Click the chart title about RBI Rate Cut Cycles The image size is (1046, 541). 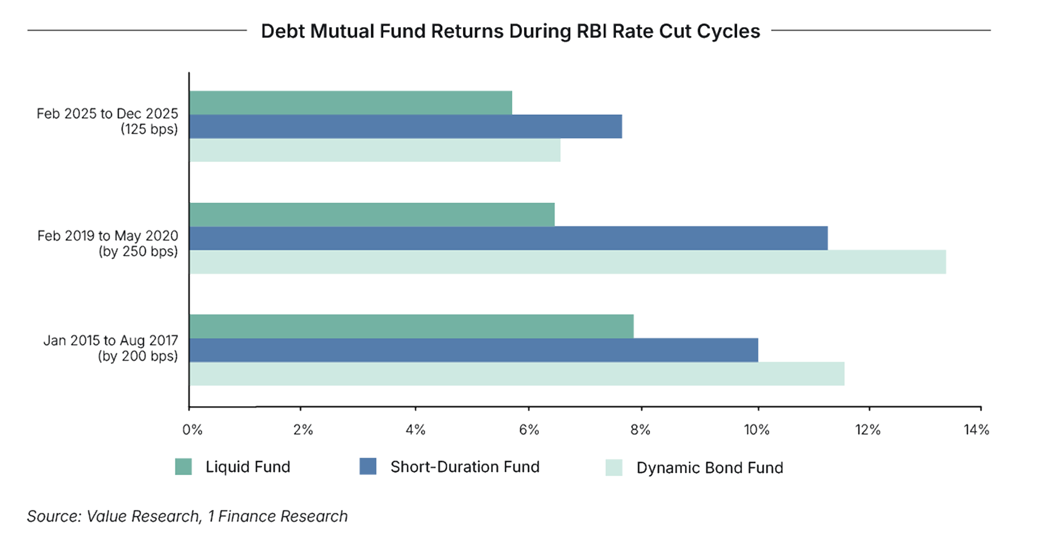point(510,31)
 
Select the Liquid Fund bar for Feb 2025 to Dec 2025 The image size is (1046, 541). point(351,102)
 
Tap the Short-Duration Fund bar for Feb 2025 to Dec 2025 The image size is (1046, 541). point(406,126)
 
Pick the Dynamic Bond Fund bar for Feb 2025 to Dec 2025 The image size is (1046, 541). point(375,151)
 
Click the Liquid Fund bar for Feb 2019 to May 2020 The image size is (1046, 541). point(373,214)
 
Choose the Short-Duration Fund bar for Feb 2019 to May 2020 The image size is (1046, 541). point(509,238)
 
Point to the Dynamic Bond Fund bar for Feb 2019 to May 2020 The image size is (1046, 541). point(568,262)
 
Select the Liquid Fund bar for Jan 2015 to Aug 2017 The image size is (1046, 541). point(412,326)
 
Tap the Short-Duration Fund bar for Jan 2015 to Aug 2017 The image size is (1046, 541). point(474,350)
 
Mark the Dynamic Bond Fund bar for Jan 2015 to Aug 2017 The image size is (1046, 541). point(518,374)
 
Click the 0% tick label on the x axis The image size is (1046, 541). point(193,430)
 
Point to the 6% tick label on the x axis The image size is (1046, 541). point(528,430)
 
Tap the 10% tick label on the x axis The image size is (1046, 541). point(756,430)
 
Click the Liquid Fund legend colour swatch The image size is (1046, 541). point(184,467)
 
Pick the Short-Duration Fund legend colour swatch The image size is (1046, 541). point(368,467)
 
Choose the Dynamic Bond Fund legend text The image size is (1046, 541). point(710,468)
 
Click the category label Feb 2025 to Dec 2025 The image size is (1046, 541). point(108,121)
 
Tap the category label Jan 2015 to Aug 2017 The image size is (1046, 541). point(111,349)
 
